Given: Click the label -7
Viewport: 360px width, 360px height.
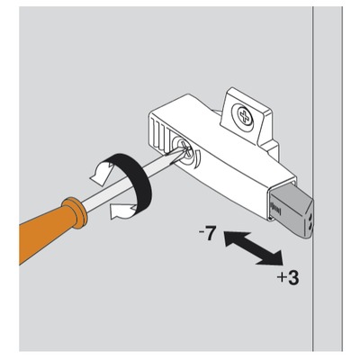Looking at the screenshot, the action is [206, 234].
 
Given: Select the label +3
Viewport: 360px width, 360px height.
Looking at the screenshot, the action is [288, 278].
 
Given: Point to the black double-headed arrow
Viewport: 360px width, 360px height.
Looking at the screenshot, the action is [254, 248].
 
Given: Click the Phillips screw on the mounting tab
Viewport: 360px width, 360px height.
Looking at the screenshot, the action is [244, 115].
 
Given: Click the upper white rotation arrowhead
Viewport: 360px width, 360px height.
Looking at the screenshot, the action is [101, 174].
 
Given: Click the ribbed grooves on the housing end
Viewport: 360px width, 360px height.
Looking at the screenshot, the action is [159, 135].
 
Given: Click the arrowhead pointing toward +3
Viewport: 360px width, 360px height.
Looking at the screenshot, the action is [272, 258].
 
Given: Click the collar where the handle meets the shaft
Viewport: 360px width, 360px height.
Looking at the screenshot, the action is [75, 212].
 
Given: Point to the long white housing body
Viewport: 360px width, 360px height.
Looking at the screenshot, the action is [222, 156].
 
